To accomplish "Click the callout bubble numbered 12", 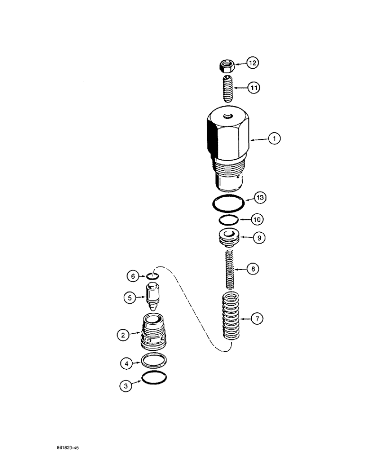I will click(253, 63).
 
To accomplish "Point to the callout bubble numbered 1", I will click(274, 139).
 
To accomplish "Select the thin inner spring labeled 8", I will click(229, 270).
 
